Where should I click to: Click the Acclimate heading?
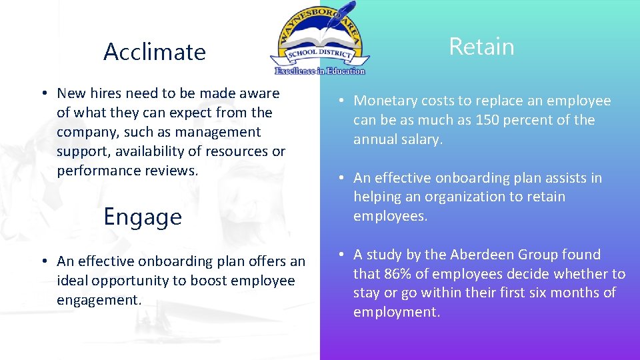[155, 52]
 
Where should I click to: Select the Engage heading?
[143, 217]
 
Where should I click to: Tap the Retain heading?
[481, 47]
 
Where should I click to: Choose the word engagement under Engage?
[99, 300]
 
